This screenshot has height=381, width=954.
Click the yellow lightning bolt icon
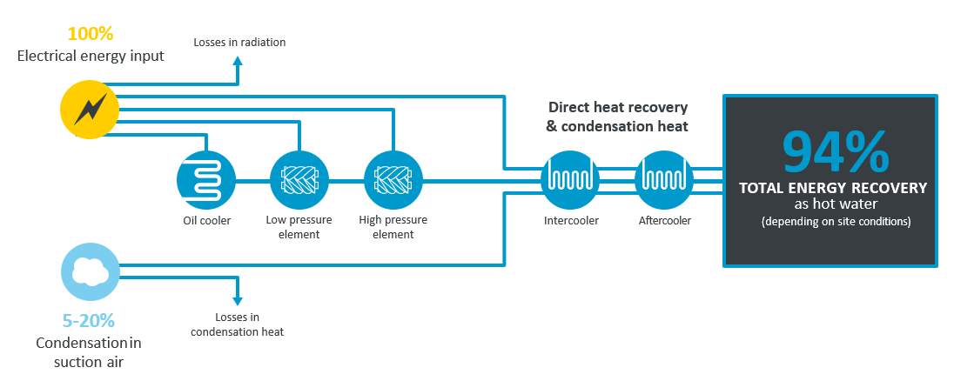pos(89,110)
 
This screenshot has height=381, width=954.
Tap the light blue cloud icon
pos(91,272)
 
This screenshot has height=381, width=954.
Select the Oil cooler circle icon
pos(205,181)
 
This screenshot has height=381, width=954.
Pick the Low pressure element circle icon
pos(299,181)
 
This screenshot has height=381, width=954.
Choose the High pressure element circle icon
pos(393,181)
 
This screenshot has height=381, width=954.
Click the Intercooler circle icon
pos(570,181)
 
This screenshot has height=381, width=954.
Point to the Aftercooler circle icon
pos(665,181)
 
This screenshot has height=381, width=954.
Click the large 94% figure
pos(835,150)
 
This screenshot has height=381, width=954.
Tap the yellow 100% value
pos(91,35)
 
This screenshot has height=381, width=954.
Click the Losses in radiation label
pos(239,42)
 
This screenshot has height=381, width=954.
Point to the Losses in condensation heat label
pos(237,324)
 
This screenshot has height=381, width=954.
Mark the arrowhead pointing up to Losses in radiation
pos(238,61)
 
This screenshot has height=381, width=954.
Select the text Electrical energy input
pos(91,57)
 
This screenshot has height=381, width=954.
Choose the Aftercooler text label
pos(665,220)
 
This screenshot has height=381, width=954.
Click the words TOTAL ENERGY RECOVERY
pos(833,188)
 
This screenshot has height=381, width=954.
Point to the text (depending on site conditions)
pos(834,222)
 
